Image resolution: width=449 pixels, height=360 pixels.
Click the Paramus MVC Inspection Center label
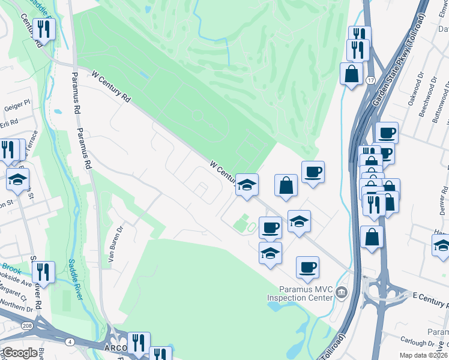[300, 292]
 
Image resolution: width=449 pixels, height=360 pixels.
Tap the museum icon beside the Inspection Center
[342, 293]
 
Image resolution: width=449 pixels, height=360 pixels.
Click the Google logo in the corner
[20, 353]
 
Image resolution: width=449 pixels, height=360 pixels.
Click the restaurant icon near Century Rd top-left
[44, 28]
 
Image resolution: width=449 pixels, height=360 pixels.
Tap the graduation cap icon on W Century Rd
[246, 184]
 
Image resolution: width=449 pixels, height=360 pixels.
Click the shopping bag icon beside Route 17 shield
[352, 74]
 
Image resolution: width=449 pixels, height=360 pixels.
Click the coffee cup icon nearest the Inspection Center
[308, 266]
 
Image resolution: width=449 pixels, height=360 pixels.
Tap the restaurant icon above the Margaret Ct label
[44, 271]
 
